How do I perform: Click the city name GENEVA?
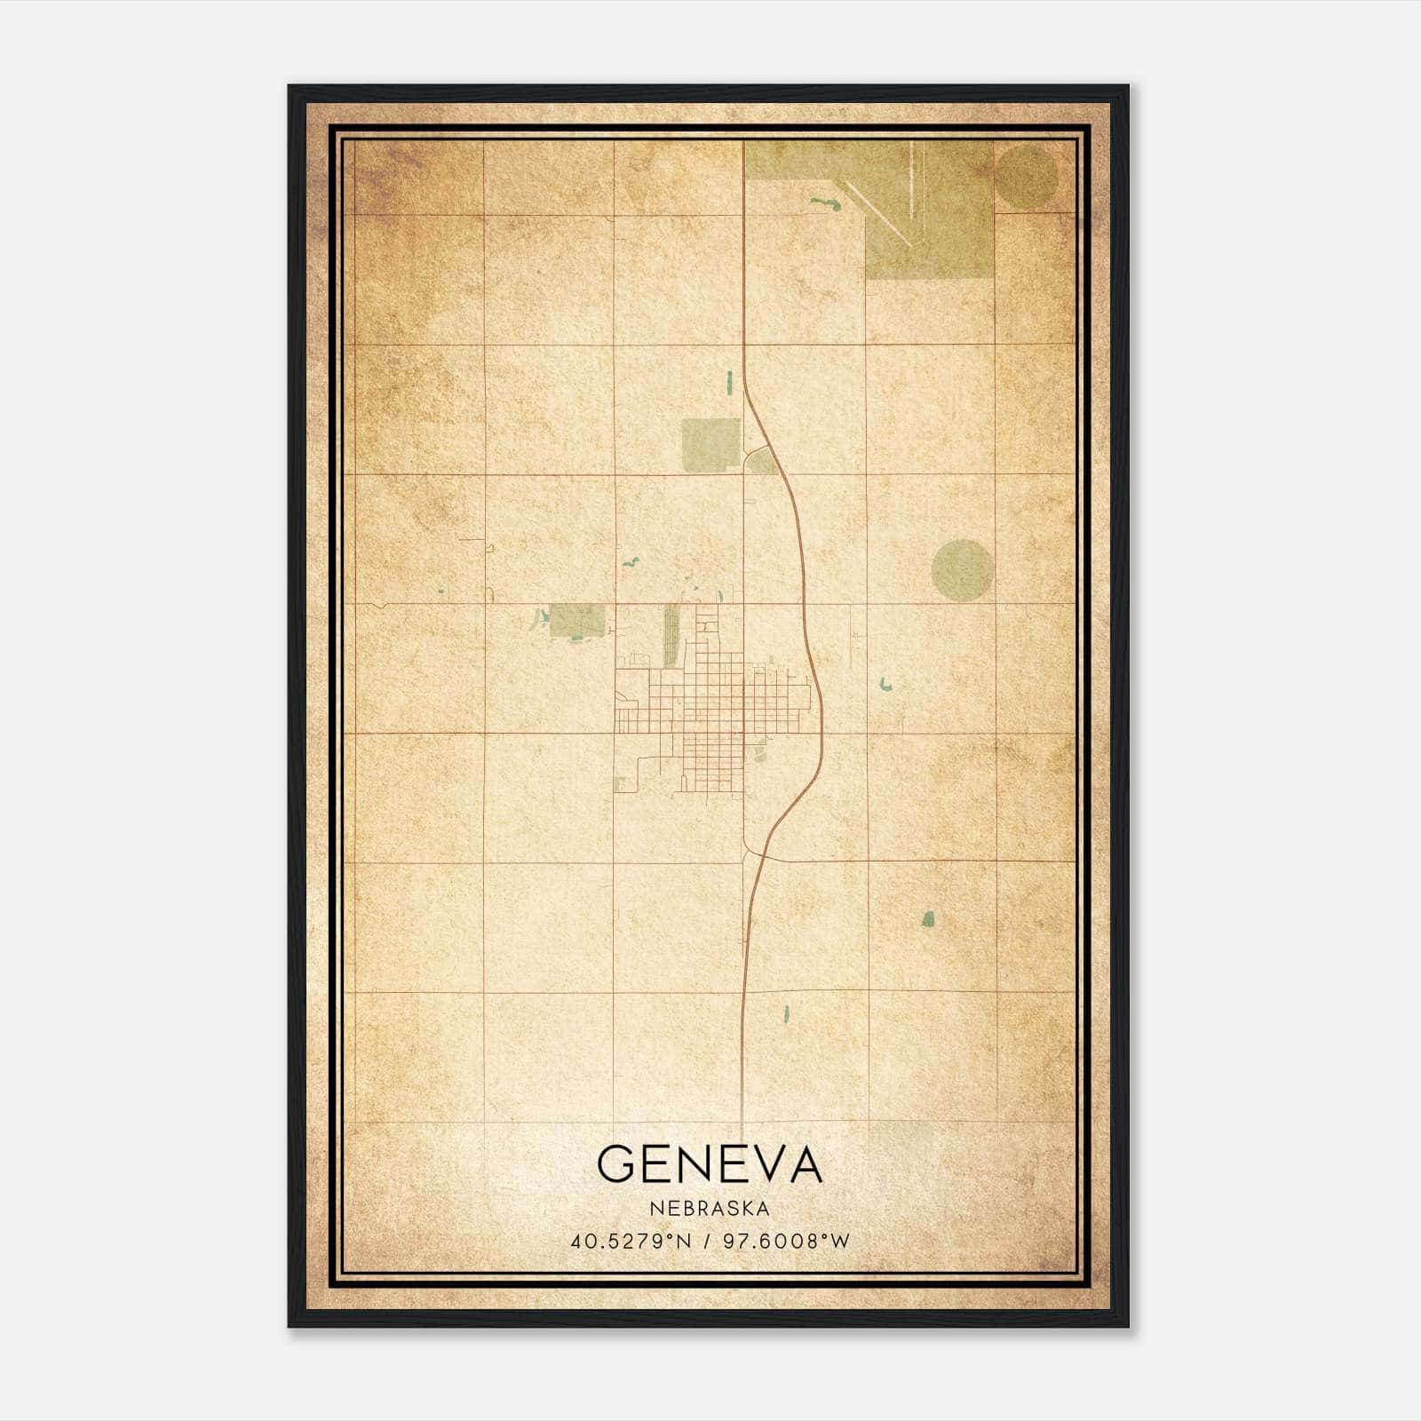pyautogui.click(x=710, y=1163)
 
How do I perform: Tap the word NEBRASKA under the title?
pyautogui.click(x=710, y=1209)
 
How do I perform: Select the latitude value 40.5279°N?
pyautogui.click(x=631, y=1241)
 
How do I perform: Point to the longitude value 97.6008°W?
pyautogui.click(x=787, y=1241)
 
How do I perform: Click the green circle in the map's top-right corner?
pyautogui.click(x=1026, y=178)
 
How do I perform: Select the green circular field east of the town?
pyautogui.click(x=963, y=569)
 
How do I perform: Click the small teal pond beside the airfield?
pyautogui.click(x=825, y=204)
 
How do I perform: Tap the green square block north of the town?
pyautogui.click(x=710, y=444)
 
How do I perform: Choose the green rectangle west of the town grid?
pyautogui.click(x=576, y=620)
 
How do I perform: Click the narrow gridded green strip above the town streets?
pyautogui.click(x=671, y=635)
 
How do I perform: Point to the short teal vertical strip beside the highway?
pyautogui.click(x=730, y=381)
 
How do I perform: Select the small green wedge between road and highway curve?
pyautogui.click(x=760, y=461)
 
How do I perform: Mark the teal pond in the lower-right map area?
pyautogui.click(x=928, y=918)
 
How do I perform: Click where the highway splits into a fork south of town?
pyautogui.click(x=755, y=853)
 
